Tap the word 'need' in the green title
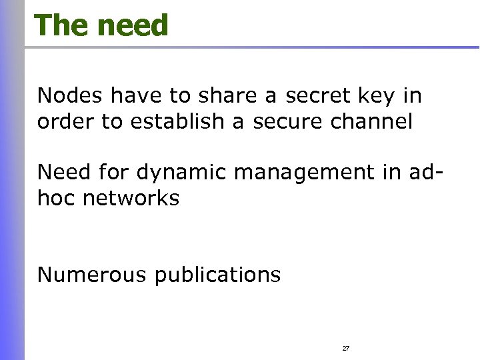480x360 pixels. pyautogui.click(x=133, y=25)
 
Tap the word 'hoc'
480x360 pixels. pyautogui.click(x=56, y=198)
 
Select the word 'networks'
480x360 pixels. pyautogui.click(x=131, y=198)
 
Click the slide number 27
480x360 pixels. pyautogui.click(x=346, y=349)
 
